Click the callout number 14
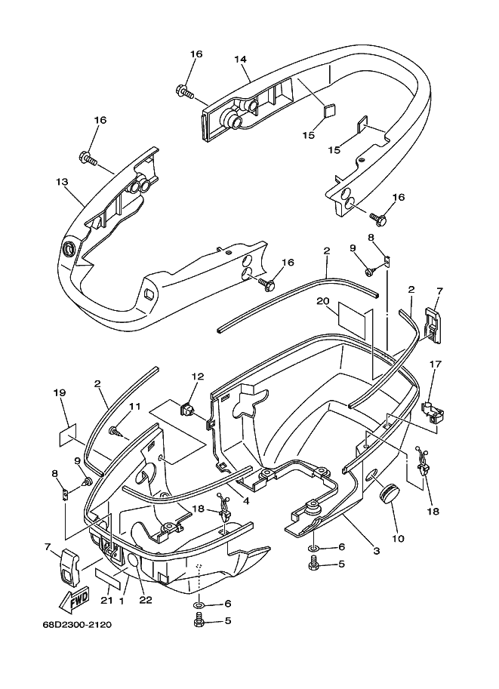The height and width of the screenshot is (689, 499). click(241, 59)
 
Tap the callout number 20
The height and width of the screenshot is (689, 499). click(323, 301)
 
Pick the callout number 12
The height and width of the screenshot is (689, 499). click(197, 377)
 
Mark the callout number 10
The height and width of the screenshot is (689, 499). click(398, 538)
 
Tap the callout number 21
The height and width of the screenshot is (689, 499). click(106, 601)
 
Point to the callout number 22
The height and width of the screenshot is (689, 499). click(146, 600)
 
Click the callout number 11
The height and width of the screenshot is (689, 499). click(134, 407)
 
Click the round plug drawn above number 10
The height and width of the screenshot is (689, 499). click(390, 494)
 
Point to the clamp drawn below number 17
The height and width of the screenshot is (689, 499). click(432, 411)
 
